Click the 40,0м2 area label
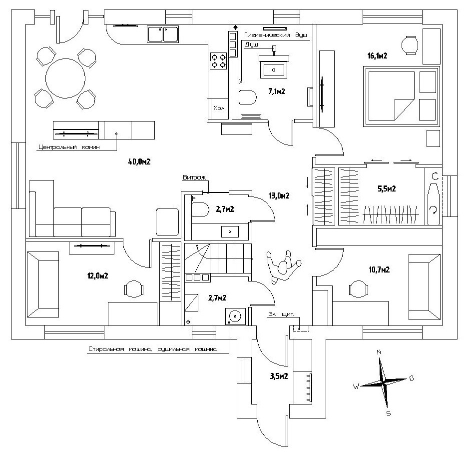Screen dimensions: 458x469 pos(139,161)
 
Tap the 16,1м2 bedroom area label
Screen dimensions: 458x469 pos(378,56)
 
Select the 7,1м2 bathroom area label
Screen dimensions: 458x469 pos(276,91)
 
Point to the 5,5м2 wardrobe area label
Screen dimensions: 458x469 pos(386,189)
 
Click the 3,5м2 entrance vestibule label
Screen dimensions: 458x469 pos(278,376)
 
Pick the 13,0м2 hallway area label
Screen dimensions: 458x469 pos(279,196)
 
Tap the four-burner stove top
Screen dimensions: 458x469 pos(218,61)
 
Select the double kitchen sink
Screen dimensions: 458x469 pos(163,34)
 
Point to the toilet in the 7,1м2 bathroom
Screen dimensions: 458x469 pos(247,96)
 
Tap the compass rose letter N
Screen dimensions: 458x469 pos(379,352)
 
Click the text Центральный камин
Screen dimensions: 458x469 pos(69,147)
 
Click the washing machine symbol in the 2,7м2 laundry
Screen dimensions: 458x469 pos(234,316)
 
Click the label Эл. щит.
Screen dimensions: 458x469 pos(283,315)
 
